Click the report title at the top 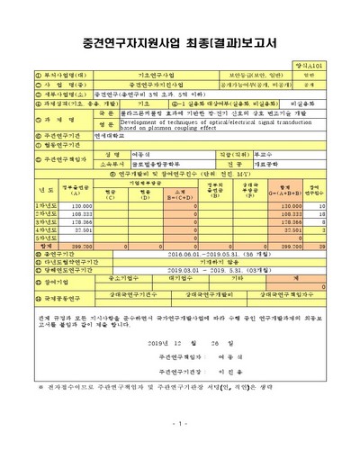[179, 44]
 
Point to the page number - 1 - [179, 423]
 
